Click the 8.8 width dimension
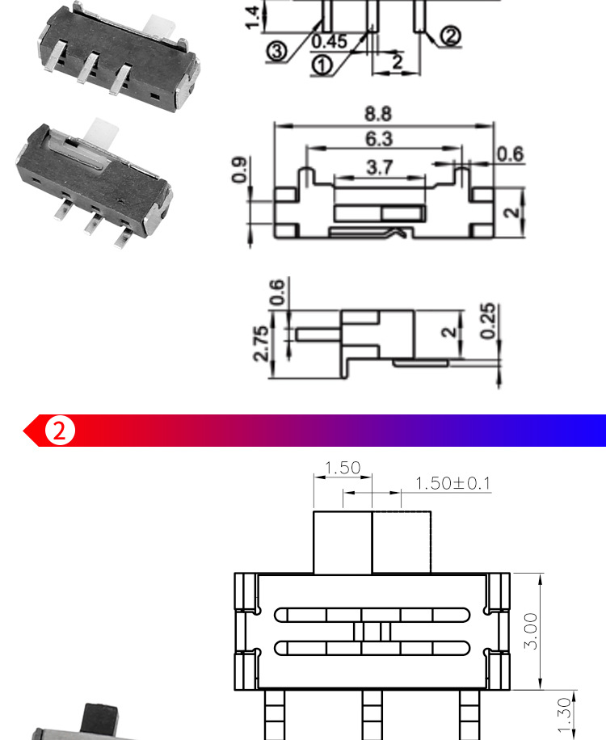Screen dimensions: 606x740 [378, 114]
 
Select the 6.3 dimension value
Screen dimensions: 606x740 [379, 139]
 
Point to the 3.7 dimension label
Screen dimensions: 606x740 [380, 167]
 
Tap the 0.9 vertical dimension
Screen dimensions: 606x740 [239, 170]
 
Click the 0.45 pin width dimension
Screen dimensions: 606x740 [330, 41]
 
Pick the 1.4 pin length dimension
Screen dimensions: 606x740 [253, 18]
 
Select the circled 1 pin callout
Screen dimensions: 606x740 [322, 65]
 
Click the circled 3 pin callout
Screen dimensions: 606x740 [277, 51]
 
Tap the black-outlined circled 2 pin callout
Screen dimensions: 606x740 [451, 36]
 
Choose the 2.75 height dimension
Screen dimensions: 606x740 [261, 343]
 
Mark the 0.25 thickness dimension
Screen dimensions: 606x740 [488, 321]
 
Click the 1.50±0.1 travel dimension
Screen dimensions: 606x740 [452, 483]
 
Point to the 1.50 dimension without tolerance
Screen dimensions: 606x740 [343, 468]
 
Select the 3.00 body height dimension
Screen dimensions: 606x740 [531, 632]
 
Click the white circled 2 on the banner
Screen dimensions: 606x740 [60, 431]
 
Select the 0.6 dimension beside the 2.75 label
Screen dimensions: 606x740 [277, 292]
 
